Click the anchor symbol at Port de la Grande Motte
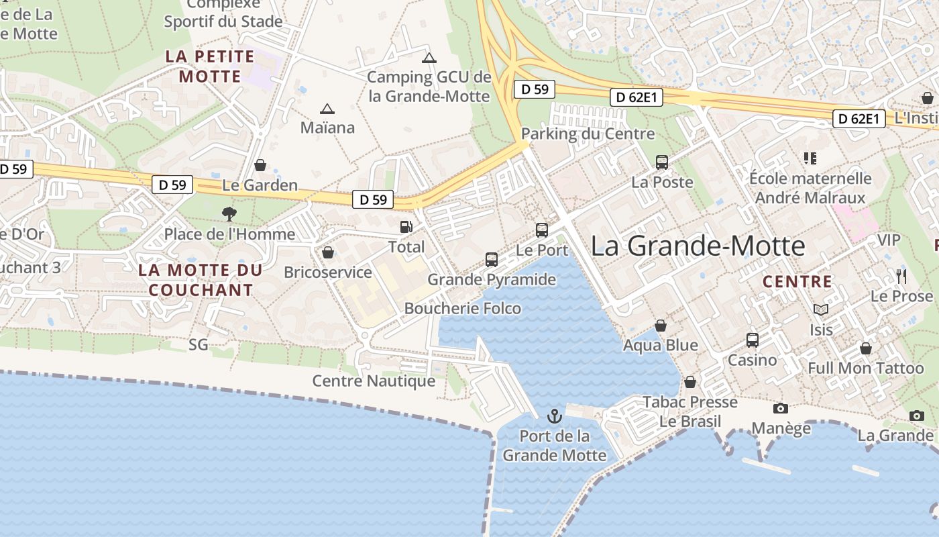coord(555,416)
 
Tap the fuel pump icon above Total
coord(406,227)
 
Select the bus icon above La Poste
coord(662,162)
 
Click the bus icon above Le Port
coord(542,230)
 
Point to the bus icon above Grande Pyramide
coord(492,260)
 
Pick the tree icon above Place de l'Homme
coord(229,214)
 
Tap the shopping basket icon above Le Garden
coord(260,165)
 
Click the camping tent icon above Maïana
coord(327,109)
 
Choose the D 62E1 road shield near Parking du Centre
coord(637,98)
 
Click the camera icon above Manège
coord(780,408)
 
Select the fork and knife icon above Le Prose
coord(901,276)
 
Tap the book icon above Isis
coord(821,309)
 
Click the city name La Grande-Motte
coord(698,246)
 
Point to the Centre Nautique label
coord(374,381)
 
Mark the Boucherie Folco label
coord(463,308)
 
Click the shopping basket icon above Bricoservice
coord(328,252)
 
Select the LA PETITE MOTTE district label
coord(210,66)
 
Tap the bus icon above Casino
coord(753,340)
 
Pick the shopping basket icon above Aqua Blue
coord(661,326)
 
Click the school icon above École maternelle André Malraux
coord(810,158)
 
